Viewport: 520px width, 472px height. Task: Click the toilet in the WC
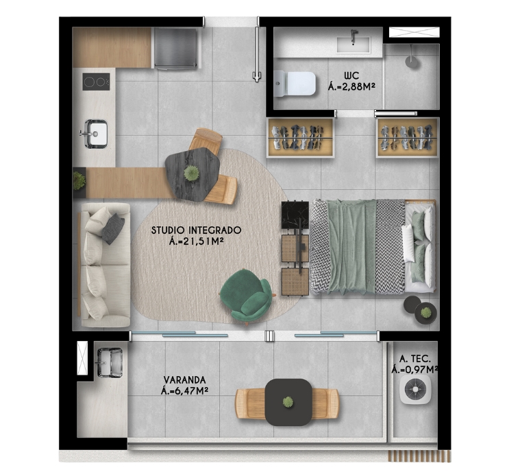tap(295, 84)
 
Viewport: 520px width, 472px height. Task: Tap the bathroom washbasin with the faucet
tap(354, 44)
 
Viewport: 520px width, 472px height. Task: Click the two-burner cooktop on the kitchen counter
tap(96, 82)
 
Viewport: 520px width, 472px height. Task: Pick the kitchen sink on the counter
tap(95, 134)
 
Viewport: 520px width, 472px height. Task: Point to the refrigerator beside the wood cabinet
tap(175, 49)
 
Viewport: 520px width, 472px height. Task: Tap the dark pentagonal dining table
tap(193, 174)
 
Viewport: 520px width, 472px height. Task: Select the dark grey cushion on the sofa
tap(113, 228)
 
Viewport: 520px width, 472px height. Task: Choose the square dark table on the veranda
tap(288, 402)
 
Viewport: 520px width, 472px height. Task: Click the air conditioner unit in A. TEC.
tap(415, 389)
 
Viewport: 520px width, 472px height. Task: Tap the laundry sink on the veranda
tap(110, 363)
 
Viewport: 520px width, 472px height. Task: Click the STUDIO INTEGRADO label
tap(197, 230)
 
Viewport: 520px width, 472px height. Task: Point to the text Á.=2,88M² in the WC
tap(351, 87)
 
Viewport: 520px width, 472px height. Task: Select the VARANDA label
tap(185, 379)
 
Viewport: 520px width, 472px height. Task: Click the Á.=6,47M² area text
tap(184, 391)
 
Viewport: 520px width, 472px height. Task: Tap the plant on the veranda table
tap(288, 402)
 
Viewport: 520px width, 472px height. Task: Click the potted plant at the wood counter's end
tap(79, 181)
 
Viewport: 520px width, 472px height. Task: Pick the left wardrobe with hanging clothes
tap(301, 137)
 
